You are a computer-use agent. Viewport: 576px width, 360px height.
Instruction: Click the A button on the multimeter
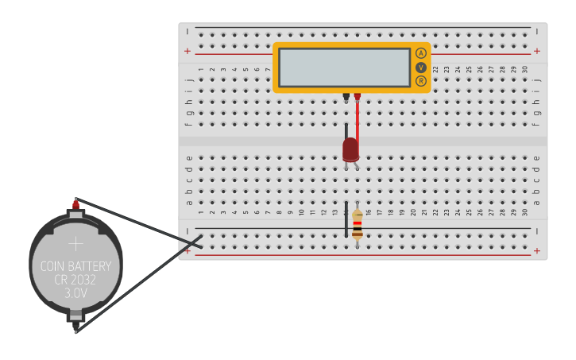click(421, 53)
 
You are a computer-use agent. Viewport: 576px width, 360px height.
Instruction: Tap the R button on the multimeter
click(421, 80)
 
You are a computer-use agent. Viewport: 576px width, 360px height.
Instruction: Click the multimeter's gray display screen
click(345, 68)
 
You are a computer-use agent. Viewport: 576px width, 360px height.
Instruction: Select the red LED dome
click(350, 149)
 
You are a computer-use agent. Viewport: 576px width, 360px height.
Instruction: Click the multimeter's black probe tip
click(346, 97)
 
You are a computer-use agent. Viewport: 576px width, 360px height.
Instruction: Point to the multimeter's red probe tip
click(358, 97)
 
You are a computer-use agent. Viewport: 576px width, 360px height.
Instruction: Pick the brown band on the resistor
click(358, 235)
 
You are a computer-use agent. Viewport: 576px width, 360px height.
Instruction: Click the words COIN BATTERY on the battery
click(76, 266)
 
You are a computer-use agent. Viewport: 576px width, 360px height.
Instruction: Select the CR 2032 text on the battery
click(75, 280)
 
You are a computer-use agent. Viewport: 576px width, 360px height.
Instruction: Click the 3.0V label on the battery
click(75, 293)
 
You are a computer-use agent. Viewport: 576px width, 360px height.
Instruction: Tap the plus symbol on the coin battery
click(75, 243)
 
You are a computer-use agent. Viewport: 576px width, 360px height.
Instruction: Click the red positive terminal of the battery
click(75, 205)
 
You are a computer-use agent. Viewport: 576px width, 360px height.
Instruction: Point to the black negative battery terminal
click(75, 324)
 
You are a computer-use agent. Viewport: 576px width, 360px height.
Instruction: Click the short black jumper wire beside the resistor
click(346, 219)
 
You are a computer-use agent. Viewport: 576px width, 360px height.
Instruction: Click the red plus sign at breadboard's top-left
click(187, 51)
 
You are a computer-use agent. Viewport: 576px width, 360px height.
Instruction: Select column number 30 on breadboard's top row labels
click(525, 69)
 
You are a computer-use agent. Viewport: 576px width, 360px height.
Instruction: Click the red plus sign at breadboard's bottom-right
click(537, 251)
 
